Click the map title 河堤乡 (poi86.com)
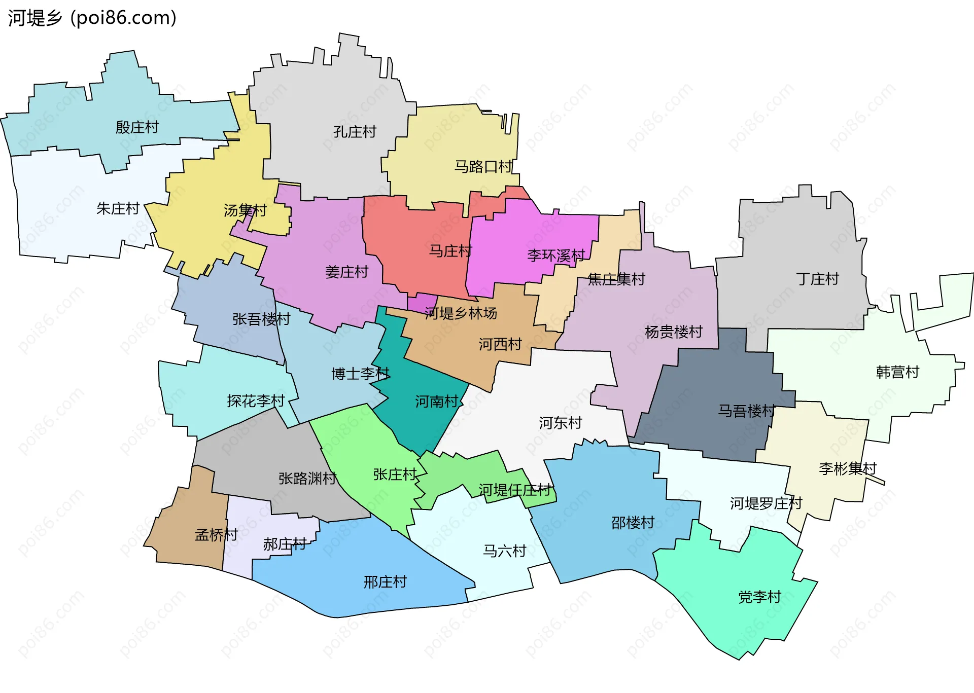pyautogui.click(x=92, y=18)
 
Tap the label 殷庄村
pyautogui.click(x=137, y=127)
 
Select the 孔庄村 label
pyautogui.click(x=355, y=132)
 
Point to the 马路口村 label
pyautogui.click(x=483, y=166)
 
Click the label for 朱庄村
pyautogui.click(x=118, y=208)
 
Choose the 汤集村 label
pyautogui.click(x=245, y=210)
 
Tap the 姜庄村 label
pyautogui.click(x=346, y=272)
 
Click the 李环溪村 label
pyautogui.click(x=556, y=255)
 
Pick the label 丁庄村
pyautogui.click(x=817, y=279)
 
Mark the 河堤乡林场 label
pyautogui.click(x=461, y=313)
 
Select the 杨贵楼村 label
pyautogui.click(x=673, y=332)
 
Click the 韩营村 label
pyautogui.click(x=897, y=372)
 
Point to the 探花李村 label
pyautogui.click(x=256, y=401)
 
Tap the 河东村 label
pyautogui.click(x=560, y=423)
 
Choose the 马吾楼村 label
pyautogui.click(x=746, y=411)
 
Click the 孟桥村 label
pyautogui.click(x=216, y=535)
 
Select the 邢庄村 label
pyautogui.click(x=385, y=582)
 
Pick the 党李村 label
pyautogui.click(x=759, y=597)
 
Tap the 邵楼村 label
pyautogui.click(x=633, y=523)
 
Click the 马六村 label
pyautogui.click(x=504, y=551)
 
